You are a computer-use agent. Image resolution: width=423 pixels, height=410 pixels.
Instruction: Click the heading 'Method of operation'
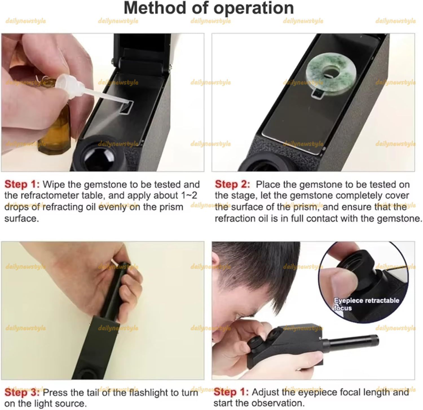coord(209,8)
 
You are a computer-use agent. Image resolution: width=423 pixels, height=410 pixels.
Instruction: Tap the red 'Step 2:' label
coord(232,185)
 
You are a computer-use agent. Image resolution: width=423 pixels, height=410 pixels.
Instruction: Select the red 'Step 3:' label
coord(22,392)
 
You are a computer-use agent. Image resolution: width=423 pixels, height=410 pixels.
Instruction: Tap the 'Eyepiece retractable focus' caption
coord(366,304)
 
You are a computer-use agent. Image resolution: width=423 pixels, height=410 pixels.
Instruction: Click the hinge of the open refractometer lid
coord(141,63)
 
